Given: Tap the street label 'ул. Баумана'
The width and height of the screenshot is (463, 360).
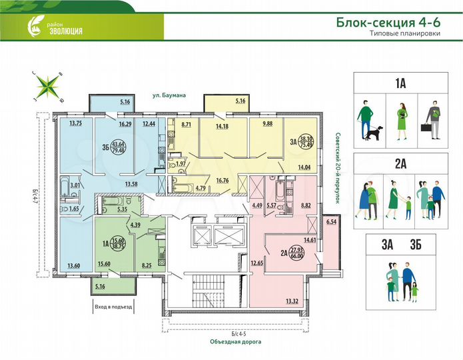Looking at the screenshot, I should (167, 95).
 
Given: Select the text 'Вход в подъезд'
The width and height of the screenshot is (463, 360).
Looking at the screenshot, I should (114, 307).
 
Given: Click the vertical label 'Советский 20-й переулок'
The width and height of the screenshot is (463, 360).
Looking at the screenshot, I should (338, 167).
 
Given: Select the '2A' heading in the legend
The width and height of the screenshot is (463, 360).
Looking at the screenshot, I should (400, 163).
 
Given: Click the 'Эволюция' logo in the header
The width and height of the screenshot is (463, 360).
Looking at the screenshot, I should (56, 28).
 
